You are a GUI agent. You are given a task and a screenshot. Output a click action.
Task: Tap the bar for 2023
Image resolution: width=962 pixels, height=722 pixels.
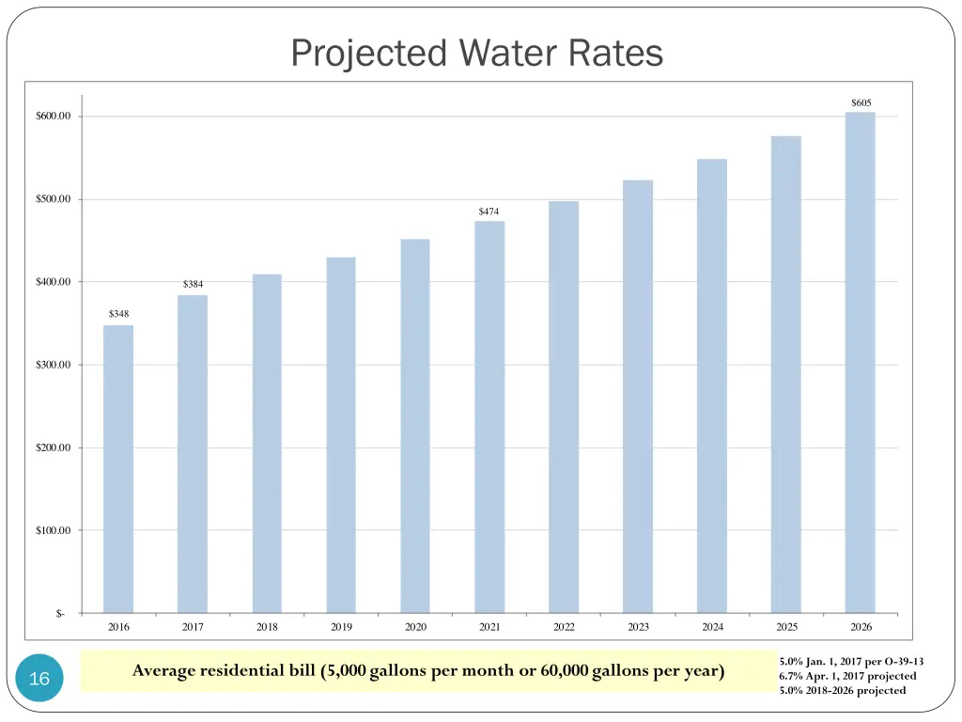pyautogui.click(x=638, y=396)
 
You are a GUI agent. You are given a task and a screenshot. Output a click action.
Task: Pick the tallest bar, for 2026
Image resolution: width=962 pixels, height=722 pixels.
pyautogui.click(x=861, y=362)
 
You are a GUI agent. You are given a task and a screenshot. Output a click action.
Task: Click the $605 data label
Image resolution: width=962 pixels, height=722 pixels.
pyautogui.click(x=861, y=102)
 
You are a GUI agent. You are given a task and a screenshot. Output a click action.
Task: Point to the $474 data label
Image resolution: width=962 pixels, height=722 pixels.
pyautogui.click(x=489, y=212)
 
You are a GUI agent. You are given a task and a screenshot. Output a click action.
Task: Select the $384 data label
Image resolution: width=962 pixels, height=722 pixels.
pyautogui.click(x=193, y=284)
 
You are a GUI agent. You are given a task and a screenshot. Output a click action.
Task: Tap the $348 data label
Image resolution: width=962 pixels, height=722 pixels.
pyautogui.click(x=118, y=314)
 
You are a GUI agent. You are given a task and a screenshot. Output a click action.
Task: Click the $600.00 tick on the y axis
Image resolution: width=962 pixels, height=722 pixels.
pyautogui.click(x=54, y=117)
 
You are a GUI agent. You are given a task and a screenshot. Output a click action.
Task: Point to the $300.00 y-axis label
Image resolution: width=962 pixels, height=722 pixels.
pyautogui.click(x=54, y=365)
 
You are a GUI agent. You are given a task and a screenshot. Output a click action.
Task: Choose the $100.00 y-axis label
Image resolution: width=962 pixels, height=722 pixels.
pyautogui.click(x=54, y=530)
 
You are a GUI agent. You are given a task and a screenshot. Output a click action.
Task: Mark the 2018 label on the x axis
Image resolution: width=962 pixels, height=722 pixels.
pyautogui.click(x=267, y=627)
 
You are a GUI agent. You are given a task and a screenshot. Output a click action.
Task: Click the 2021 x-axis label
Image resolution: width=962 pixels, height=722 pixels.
pyautogui.click(x=489, y=627)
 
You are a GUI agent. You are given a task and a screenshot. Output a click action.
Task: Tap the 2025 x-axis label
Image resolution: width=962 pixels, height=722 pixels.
pyautogui.click(x=786, y=627)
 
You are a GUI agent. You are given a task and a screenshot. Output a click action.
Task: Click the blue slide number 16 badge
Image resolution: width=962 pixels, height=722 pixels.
pyautogui.click(x=39, y=679)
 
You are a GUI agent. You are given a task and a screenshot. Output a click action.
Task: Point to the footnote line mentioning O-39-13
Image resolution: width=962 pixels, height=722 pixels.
pyautogui.click(x=845, y=661)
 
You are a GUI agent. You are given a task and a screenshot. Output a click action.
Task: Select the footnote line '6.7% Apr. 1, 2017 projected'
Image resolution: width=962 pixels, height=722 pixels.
pyautogui.click(x=847, y=676)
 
